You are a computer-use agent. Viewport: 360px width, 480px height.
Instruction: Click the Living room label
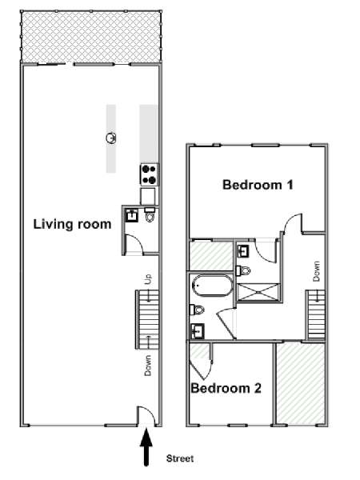coord(72,224)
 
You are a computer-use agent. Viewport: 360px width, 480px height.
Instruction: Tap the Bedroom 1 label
coord(258,185)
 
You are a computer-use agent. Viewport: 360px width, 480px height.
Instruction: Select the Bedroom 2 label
coord(226,388)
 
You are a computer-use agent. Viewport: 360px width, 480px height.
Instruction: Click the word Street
coord(180,458)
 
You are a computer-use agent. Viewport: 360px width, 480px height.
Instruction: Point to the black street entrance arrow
coord(146,447)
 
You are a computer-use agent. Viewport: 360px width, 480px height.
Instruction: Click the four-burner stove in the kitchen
coord(150,174)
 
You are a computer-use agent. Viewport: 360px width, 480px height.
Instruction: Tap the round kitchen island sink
coord(111,138)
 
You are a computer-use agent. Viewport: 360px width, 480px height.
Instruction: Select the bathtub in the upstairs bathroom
coord(212,286)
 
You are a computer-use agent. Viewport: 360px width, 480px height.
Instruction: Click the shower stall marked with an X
coord(258,293)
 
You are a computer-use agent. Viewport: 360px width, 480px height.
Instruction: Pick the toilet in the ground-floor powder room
coord(150,214)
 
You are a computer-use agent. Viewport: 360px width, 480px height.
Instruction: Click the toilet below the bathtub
coord(197,310)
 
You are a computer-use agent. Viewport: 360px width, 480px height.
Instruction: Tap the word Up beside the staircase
coord(148,279)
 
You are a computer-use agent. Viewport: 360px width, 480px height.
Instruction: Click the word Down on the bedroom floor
coord(316,271)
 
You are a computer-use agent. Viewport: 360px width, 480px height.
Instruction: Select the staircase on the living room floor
coord(147,319)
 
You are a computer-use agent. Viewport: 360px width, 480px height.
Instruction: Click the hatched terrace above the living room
coord(91,38)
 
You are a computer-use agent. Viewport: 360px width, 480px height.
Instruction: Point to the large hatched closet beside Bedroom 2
coord(301,383)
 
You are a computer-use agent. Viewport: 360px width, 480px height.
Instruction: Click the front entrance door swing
coord(146,415)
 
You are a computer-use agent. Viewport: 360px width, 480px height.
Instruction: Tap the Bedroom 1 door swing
coord(293,223)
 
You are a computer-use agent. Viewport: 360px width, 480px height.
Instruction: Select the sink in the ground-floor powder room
coord(132,215)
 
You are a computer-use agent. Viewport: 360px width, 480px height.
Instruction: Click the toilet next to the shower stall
coord(243,270)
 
